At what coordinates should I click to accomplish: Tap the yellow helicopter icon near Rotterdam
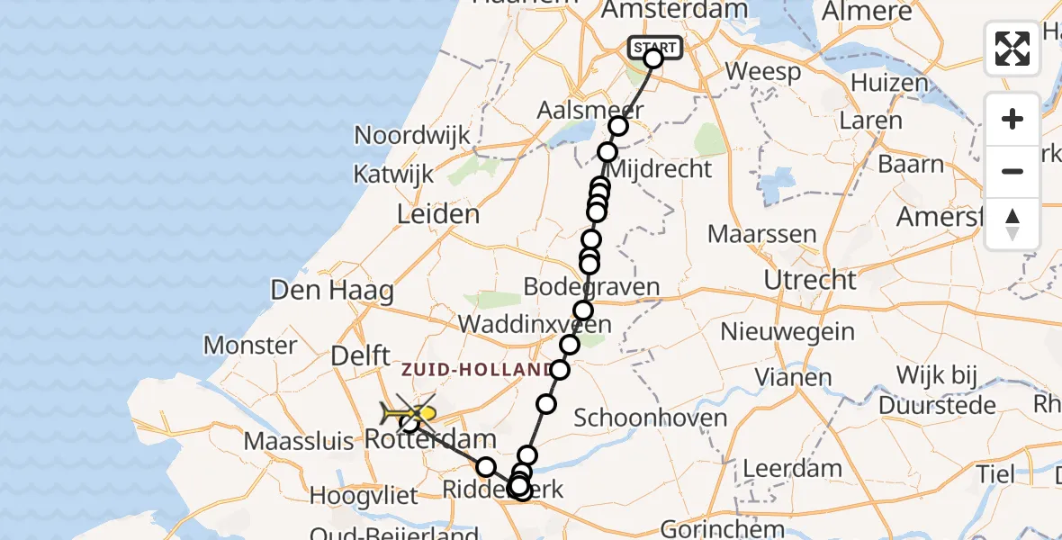[x=409, y=414]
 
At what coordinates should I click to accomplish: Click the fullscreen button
[x=1012, y=49]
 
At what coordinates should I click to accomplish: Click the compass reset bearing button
[x=1012, y=223]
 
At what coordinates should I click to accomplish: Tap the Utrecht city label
[x=810, y=280]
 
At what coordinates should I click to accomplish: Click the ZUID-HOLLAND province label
[x=477, y=370]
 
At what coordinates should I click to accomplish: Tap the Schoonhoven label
[x=650, y=418]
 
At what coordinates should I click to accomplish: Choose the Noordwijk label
[x=412, y=136]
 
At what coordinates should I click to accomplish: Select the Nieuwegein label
[x=788, y=331]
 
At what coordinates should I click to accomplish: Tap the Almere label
[x=867, y=12]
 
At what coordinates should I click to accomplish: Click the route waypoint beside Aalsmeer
[x=617, y=126]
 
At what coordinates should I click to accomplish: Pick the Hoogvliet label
[x=364, y=496]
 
